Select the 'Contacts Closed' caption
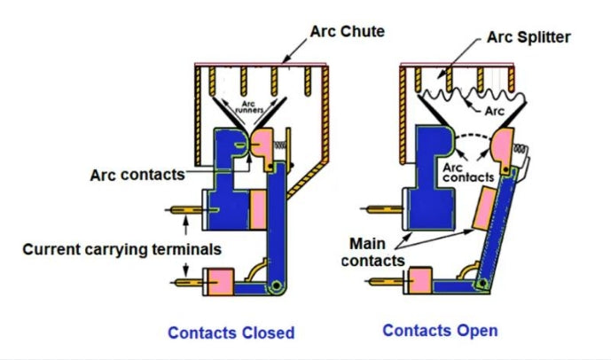[231, 333]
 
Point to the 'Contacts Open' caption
[440, 330]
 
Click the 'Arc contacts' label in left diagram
[137, 175]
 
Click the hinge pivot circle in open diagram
[482, 285]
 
